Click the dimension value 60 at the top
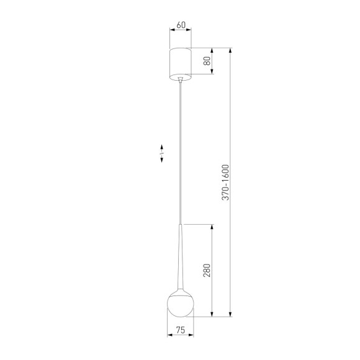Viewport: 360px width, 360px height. point(181,25)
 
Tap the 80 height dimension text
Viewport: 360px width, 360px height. point(207,61)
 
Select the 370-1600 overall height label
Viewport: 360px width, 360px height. point(226,182)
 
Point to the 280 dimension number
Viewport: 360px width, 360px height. point(207,271)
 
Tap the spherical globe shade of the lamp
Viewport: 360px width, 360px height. point(181,304)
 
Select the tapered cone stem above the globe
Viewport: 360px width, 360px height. point(181,261)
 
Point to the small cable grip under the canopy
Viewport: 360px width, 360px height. point(181,79)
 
